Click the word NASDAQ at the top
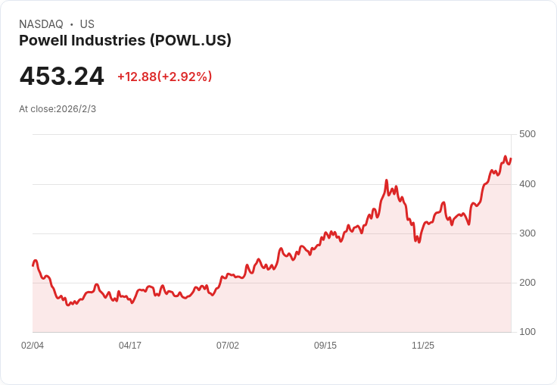pos(41,24)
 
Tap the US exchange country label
pos(87,24)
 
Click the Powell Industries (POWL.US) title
pos(125,40)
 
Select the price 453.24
pos(62,77)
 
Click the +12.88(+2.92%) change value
pos(164,77)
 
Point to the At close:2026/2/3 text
pos(58,109)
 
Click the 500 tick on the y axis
pos(527,134)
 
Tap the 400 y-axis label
pos(527,183)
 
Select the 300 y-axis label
pos(527,233)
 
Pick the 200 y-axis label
pos(527,282)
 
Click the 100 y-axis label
pos(527,331)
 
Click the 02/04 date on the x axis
pos(33,346)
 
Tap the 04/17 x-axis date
pos(130,346)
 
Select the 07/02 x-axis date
pos(228,346)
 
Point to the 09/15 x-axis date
pos(325,346)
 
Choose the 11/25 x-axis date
pos(423,346)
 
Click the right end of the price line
pos(511,159)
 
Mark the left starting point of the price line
pos(33,265)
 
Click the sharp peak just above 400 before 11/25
pos(386,181)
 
